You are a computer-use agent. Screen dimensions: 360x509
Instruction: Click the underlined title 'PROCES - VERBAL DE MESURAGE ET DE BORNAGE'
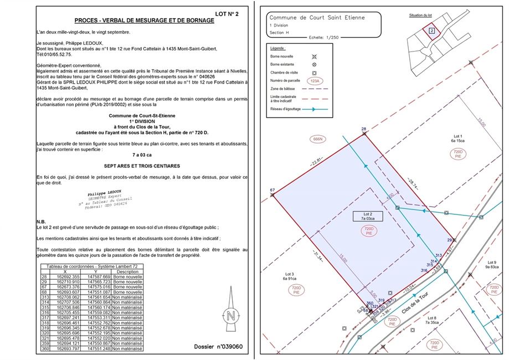[144, 20]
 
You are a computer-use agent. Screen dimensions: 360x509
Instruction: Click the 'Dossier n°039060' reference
[219, 347]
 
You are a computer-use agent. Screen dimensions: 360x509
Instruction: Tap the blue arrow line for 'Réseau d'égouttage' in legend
[316, 110]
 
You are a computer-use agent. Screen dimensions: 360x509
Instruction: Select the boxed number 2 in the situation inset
[431, 30]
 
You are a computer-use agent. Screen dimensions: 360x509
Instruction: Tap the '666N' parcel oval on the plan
[318, 138]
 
